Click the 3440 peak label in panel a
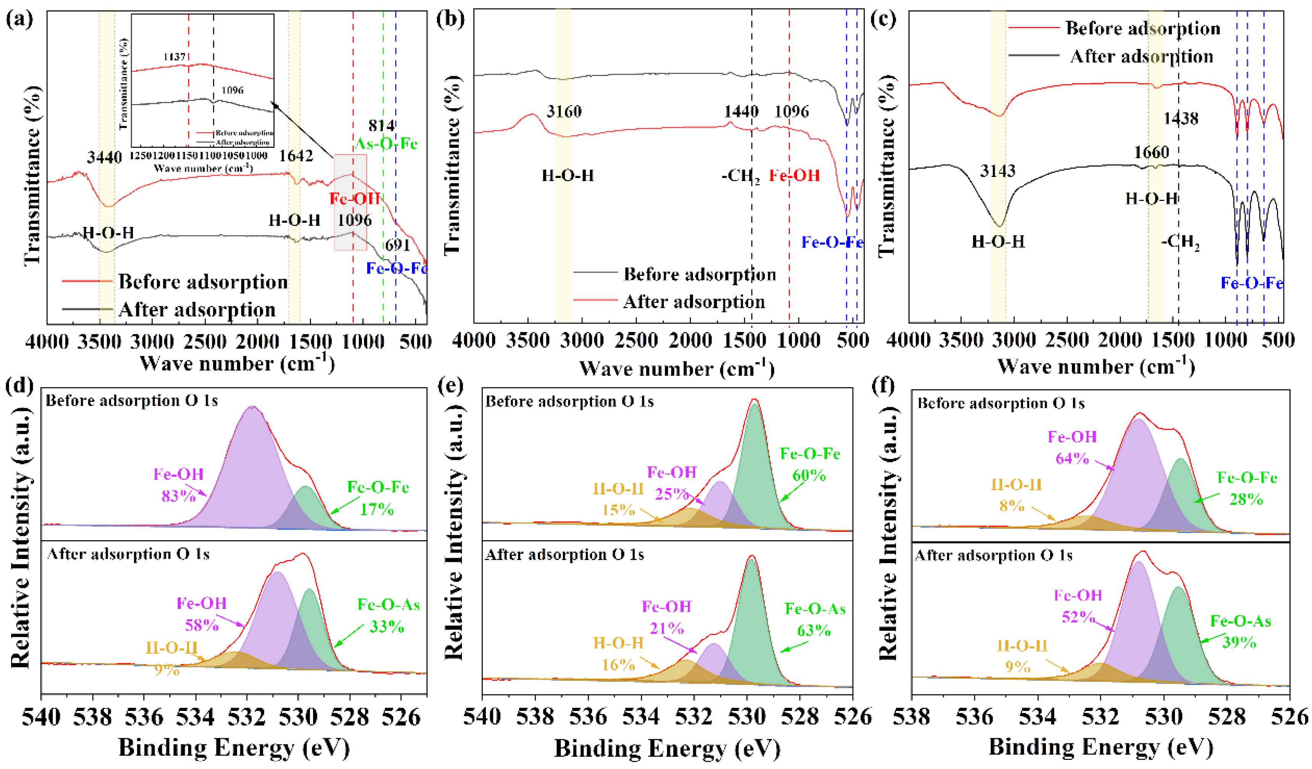tap(105, 157)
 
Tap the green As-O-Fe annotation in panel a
tap(386, 143)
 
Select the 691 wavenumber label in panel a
tap(397, 245)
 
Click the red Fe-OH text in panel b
tap(794, 176)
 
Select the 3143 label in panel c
tap(997, 170)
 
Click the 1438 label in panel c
tap(1181, 118)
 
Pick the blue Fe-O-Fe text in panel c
tap(1252, 283)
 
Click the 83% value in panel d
tap(179, 495)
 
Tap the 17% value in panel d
tap(377, 509)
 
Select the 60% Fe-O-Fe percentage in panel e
tap(809, 475)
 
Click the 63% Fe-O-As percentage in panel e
tap(814, 630)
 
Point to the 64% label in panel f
tap(1072, 458)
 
